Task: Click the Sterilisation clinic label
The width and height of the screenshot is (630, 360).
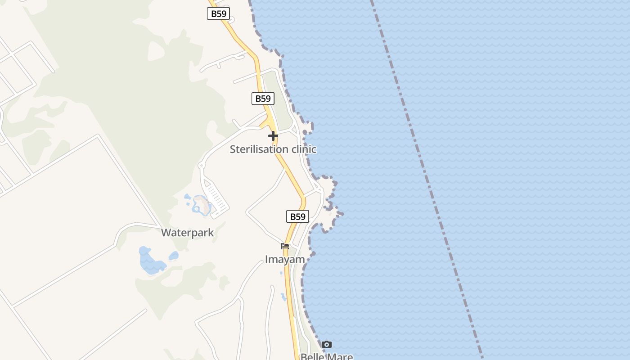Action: (x=273, y=149)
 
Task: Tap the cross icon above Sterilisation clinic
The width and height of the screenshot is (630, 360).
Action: (x=273, y=136)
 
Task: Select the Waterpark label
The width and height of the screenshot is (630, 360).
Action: (x=187, y=233)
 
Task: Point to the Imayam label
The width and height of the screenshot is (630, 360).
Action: (x=284, y=259)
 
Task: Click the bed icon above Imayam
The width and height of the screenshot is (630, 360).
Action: (x=284, y=246)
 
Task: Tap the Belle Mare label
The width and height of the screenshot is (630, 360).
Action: (x=326, y=356)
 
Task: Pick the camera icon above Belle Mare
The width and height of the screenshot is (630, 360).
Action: (x=327, y=345)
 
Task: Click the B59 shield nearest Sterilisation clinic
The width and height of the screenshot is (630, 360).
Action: (x=263, y=99)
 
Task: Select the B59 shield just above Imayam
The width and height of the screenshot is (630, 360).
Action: (x=297, y=216)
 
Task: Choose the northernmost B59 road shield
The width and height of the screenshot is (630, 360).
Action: (x=219, y=13)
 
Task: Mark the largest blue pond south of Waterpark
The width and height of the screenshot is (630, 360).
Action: (x=149, y=262)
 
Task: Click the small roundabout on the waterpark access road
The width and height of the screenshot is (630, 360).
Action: (x=201, y=166)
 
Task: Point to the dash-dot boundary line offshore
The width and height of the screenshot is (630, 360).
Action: (x=427, y=180)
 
